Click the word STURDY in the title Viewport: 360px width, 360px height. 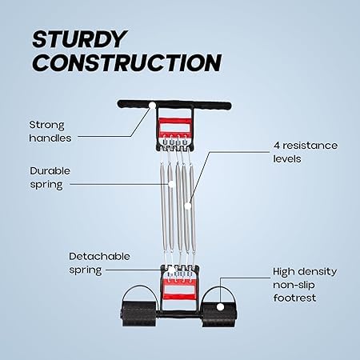pos(79,39)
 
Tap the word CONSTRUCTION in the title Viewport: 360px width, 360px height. pos(127,62)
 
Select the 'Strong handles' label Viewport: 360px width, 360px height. pos(50,131)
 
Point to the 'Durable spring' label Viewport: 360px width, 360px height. pos(50,178)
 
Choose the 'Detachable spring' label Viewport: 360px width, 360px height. pos(99,263)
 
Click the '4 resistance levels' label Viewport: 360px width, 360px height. pos(306,152)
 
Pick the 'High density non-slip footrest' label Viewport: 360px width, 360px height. pos(305,285)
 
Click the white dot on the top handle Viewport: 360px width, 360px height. pos(152,106)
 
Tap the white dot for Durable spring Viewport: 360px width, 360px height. pos(171,184)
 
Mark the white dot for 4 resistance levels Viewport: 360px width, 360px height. pos(188,206)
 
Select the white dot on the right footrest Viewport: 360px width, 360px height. pos(220,307)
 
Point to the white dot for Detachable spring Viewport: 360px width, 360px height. pos(171,270)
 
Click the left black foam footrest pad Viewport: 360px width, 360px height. pos(138,314)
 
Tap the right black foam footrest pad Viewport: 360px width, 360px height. pos(219,314)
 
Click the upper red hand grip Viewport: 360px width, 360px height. pos(174,126)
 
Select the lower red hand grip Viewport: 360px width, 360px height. pos(179,289)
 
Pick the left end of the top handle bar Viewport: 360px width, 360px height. pos(118,104)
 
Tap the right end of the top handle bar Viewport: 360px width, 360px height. pos(230,106)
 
